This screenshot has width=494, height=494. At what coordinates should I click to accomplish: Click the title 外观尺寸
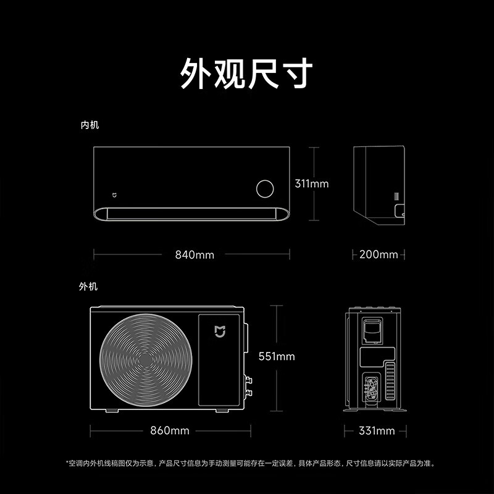246,73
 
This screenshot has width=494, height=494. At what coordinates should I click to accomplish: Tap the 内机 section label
90,125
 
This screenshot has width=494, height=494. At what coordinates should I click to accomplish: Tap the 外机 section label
88,287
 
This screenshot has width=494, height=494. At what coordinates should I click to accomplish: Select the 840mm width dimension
195,254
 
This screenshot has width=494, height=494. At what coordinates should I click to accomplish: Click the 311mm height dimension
312,183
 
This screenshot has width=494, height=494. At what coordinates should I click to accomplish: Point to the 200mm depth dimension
379,254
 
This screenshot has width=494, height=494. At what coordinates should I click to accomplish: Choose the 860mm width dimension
170,430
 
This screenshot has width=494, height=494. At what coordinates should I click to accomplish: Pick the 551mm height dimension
277,356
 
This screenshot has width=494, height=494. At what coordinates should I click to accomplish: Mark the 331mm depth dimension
377,430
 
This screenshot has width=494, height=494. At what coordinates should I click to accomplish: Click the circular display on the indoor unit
265,189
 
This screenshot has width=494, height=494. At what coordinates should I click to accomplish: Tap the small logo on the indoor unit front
115,195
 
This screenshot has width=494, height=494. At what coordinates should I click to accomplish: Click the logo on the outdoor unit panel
220,332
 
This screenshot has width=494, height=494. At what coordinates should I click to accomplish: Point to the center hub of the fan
146,360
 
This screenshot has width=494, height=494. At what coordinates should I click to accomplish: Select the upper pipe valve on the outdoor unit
249,380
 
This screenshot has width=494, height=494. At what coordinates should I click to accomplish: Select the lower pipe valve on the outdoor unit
249,393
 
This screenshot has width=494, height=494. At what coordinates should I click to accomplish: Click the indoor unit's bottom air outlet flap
191,214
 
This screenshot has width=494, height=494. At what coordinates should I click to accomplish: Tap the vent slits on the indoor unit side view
396,196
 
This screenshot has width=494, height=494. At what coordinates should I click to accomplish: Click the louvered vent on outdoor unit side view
390,381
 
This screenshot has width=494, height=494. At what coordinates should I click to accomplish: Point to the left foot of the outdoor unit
112,411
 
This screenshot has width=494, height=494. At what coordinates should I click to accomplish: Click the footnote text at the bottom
251,464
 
